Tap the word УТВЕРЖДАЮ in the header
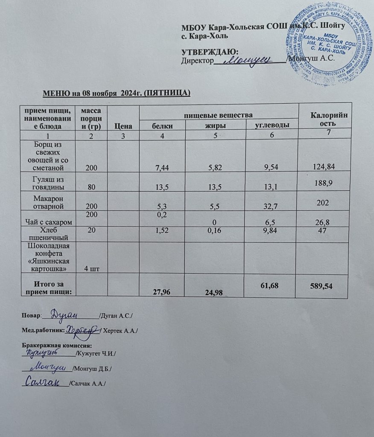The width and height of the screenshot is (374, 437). pos(210,52)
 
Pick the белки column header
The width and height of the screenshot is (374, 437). pos(163,125)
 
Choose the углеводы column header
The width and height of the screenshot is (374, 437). pos(272,125)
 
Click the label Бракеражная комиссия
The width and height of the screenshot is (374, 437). pos(57,345)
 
